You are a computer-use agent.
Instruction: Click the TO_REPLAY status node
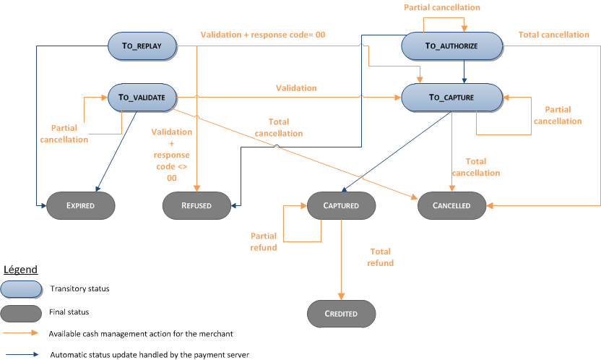pyautogui.click(x=141, y=46)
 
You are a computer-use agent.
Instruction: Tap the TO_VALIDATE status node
pyautogui.click(x=141, y=97)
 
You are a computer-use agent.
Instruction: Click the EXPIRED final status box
pyautogui.click(x=81, y=205)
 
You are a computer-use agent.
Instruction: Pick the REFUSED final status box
pyautogui.click(x=196, y=205)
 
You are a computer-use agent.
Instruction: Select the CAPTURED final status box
pyautogui.click(x=340, y=205)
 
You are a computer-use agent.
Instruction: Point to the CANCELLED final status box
pyautogui.click(x=452, y=205)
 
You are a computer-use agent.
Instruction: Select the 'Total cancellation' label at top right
pyautogui.click(x=554, y=34)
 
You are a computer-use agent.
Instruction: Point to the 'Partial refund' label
pyautogui.click(x=264, y=241)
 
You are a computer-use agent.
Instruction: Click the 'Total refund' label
pyautogui.click(x=381, y=257)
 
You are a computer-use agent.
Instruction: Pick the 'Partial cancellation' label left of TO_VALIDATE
pyautogui.click(x=64, y=134)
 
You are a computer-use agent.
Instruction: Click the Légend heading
pyautogui.click(x=22, y=270)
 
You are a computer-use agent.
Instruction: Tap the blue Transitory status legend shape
pyautogui.click(x=22, y=289)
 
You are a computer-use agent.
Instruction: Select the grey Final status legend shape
pyautogui.click(x=22, y=312)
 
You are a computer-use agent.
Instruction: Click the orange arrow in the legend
pyautogui.click(x=21, y=334)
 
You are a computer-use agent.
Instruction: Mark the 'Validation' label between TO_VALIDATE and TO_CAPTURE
pyautogui.click(x=296, y=87)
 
